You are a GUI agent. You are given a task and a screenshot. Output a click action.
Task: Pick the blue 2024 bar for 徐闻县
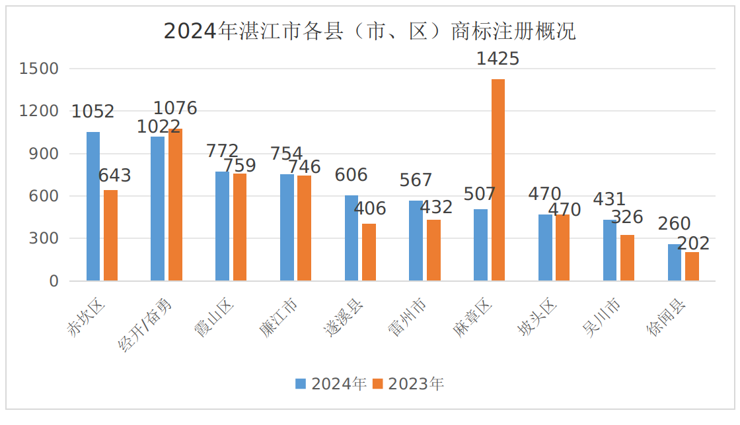click(674, 263)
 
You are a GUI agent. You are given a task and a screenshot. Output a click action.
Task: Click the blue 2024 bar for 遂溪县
click(351, 238)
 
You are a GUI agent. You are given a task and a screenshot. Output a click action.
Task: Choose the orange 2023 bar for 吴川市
click(627, 258)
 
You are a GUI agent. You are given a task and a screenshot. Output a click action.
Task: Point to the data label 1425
click(498, 59)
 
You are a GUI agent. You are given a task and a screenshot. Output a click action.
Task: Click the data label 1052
click(92, 112)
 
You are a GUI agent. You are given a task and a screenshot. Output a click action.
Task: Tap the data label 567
click(416, 180)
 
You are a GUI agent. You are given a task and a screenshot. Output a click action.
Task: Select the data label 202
click(693, 244)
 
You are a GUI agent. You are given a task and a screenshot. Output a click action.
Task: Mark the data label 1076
click(175, 108)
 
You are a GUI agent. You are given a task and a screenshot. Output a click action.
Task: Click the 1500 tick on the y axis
click(39, 69)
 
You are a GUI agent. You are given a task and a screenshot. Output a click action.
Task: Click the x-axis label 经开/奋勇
click(147, 324)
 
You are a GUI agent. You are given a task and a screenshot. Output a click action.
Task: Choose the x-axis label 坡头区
click(538, 318)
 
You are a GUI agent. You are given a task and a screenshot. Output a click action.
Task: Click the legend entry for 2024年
click(331, 384)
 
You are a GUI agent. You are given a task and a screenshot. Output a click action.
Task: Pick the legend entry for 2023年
click(408, 384)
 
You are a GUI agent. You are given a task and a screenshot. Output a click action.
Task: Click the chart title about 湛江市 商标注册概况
click(369, 31)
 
